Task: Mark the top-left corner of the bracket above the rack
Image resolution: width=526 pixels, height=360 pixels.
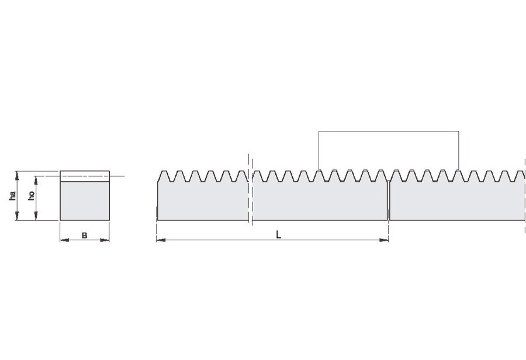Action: pos(319,131)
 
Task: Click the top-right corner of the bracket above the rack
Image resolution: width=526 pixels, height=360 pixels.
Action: pos(459,131)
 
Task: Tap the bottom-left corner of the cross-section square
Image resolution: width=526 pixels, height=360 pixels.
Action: pos(60,220)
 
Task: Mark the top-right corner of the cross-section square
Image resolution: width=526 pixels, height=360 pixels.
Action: pos(109,171)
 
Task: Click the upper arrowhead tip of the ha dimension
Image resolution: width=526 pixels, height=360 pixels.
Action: pos(17,171)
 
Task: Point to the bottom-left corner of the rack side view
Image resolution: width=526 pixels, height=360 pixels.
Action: pos(158,220)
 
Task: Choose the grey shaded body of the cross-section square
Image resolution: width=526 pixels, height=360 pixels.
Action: pos(85,200)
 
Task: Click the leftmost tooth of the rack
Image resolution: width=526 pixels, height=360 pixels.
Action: pos(164,176)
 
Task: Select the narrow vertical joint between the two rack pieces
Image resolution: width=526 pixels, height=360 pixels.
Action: pos(389,200)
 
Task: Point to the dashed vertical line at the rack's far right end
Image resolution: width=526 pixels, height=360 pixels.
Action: pos(525,196)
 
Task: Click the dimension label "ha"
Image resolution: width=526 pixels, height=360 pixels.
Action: pos(13,196)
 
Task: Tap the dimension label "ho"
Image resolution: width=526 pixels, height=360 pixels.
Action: pos(32,196)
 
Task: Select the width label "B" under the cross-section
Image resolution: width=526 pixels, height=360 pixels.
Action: pos(85,236)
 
